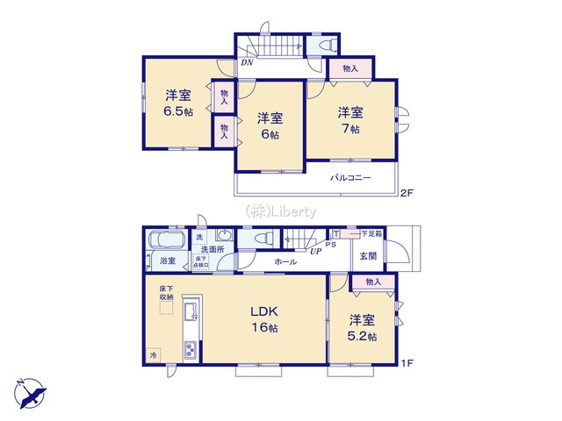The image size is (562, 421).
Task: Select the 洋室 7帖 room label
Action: (351, 120)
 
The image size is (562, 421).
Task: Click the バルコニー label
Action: (350, 178)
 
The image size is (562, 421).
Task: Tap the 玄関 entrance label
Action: (367, 255)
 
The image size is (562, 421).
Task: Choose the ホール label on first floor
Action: (285, 261)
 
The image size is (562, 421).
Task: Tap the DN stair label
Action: (248, 63)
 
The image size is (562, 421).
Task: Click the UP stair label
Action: (314, 251)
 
